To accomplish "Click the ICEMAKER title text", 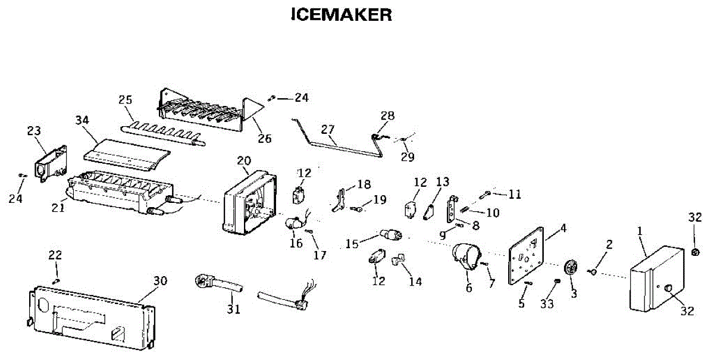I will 341,15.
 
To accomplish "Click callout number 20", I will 244,161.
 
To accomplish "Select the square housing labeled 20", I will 249,202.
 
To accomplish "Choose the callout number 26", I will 264,139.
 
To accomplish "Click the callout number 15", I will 352,244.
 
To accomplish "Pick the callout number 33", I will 547,304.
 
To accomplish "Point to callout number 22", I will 55,255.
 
